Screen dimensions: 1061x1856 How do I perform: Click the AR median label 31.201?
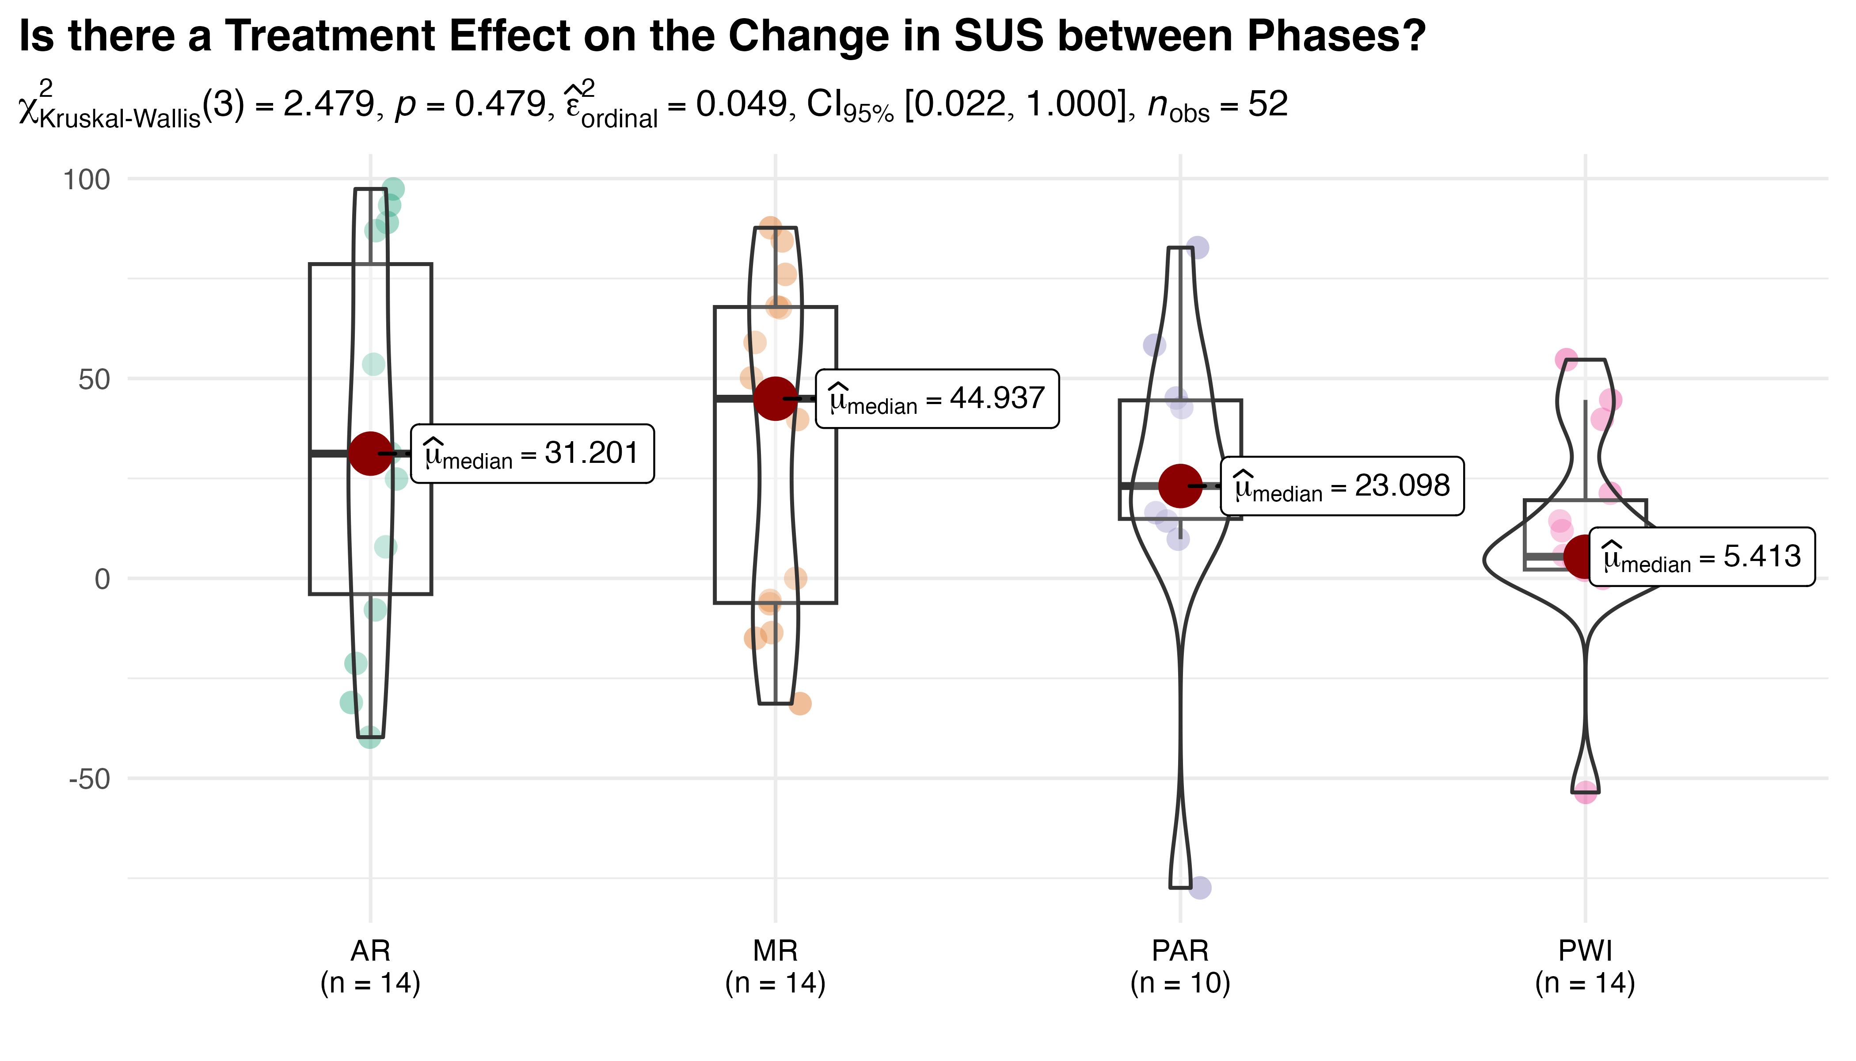pyautogui.click(x=532, y=453)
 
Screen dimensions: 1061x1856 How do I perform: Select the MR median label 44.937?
pyautogui.click(x=937, y=399)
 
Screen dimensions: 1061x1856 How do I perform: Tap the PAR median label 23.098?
pyautogui.click(x=1342, y=486)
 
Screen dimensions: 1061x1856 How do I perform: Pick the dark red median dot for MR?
pyautogui.click(x=775, y=399)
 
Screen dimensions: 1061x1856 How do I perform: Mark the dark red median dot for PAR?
pyautogui.click(x=1180, y=485)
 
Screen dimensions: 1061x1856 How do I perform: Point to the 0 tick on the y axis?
pyautogui.click(x=102, y=579)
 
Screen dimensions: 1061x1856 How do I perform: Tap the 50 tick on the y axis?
pyautogui.click(x=94, y=379)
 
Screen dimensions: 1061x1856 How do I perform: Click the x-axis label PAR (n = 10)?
pyautogui.click(x=1180, y=967)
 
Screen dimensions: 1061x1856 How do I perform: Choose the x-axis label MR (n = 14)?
pyautogui.click(x=775, y=967)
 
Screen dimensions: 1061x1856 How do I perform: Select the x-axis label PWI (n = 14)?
pyautogui.click(x=1585, y=967)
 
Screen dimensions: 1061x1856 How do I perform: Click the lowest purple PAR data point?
pyautogui.click(x=1200, y=888)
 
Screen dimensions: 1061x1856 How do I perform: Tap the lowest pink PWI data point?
pyautogui.click(x=1586, y=793)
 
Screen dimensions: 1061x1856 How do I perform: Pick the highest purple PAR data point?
pyautogui.click(x=1197, y=248)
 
